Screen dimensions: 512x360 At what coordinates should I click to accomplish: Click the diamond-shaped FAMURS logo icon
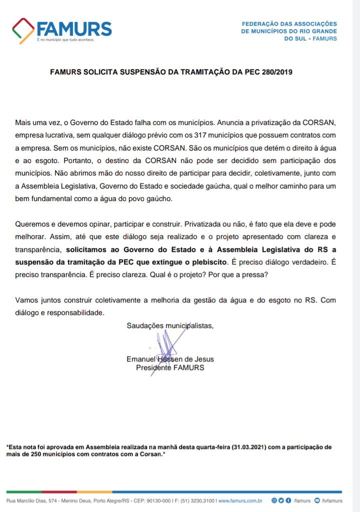click(23, 31)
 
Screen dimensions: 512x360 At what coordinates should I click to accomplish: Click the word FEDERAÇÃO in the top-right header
click(259, 23)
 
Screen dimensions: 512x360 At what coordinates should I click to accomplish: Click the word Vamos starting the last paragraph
click(26, 300)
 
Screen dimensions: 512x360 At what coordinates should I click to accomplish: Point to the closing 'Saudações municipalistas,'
click(170, 326)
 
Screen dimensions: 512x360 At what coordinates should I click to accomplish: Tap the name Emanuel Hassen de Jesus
click(170, 359)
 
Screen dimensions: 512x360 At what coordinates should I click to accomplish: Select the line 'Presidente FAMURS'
click(170, 367)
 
